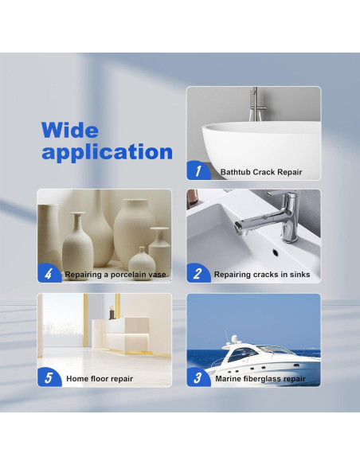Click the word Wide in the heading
point(70,129)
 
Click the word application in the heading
point(107,151)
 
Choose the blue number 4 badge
point(49,275)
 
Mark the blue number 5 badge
point(49,378)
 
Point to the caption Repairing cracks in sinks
point(262,275)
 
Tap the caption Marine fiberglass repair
point(260,379)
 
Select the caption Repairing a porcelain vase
point(116,275)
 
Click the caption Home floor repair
point(100,379)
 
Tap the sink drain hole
point(273,252)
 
